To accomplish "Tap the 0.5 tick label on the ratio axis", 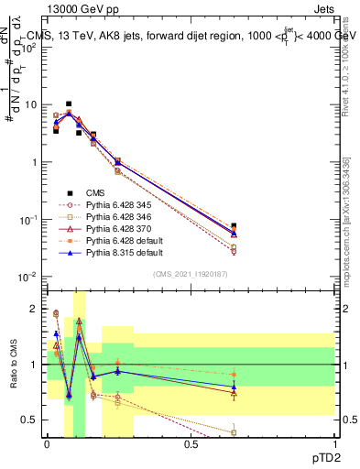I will [x=30, y=420].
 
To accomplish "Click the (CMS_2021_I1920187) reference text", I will [x=191, y=274].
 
